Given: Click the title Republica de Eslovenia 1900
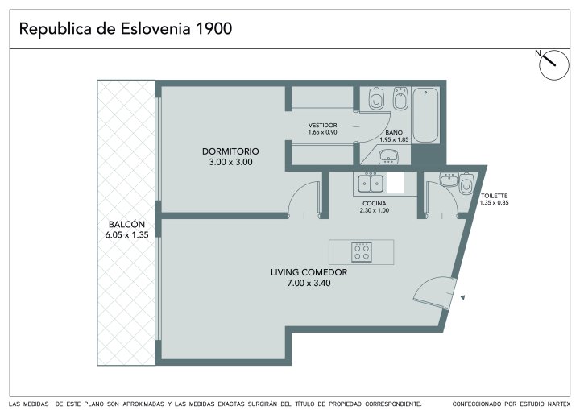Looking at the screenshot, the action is coord(126,29).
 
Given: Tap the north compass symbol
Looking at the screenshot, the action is coord(553,65).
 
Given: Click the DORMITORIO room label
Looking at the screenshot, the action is coord(230,151).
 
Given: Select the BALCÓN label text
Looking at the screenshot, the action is coord(126,224).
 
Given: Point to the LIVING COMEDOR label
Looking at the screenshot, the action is coord(309,272).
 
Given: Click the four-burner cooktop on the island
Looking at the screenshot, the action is coord(362,252).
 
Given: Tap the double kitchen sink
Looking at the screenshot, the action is coord(371,183).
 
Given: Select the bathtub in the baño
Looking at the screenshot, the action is coord(426,114).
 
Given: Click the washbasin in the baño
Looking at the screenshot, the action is coord(388,156).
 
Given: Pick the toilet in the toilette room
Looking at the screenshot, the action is coord(466,183).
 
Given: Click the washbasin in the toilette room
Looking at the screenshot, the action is coord(449,180).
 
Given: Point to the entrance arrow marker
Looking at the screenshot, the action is coord(462,296).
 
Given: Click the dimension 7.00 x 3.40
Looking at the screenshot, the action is coord(309,284).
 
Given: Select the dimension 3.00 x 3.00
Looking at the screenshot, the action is coord(230,162).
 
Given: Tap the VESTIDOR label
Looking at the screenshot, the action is coord(322,126).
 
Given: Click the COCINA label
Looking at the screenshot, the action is coord(375,204).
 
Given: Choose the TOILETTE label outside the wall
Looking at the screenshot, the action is coord(494,196).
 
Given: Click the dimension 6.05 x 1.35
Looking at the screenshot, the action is coord(126,235).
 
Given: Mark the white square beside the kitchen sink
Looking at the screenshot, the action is coord(396,183).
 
